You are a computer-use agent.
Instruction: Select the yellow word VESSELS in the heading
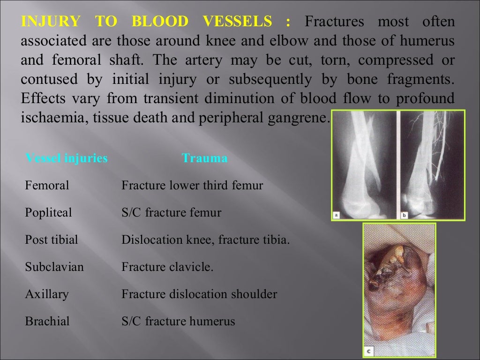(238, 22)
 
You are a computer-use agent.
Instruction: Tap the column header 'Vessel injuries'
(67, 158)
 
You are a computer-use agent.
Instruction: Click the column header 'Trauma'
(205, 158)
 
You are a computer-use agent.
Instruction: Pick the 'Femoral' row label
(47, 186)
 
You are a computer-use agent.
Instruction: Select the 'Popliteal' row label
(48, 213)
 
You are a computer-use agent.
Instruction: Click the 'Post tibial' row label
(51, 240)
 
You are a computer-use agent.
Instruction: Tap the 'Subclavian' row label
(54, 267)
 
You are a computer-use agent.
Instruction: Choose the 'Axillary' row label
(47, 294)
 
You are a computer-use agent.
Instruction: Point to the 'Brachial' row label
(47, 322)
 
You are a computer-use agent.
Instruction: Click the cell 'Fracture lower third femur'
(192, 186)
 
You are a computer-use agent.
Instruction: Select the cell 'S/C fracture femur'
(172, 213)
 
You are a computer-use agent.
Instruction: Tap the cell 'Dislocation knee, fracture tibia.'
(206, 240)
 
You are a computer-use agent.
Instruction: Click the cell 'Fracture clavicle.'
(167, 267)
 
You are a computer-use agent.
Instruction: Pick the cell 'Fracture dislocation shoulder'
(199, 294)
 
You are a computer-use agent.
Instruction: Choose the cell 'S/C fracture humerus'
(178, 322)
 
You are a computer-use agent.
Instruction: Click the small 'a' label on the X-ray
(336, 215)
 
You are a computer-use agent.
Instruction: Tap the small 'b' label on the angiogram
(404, 215)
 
